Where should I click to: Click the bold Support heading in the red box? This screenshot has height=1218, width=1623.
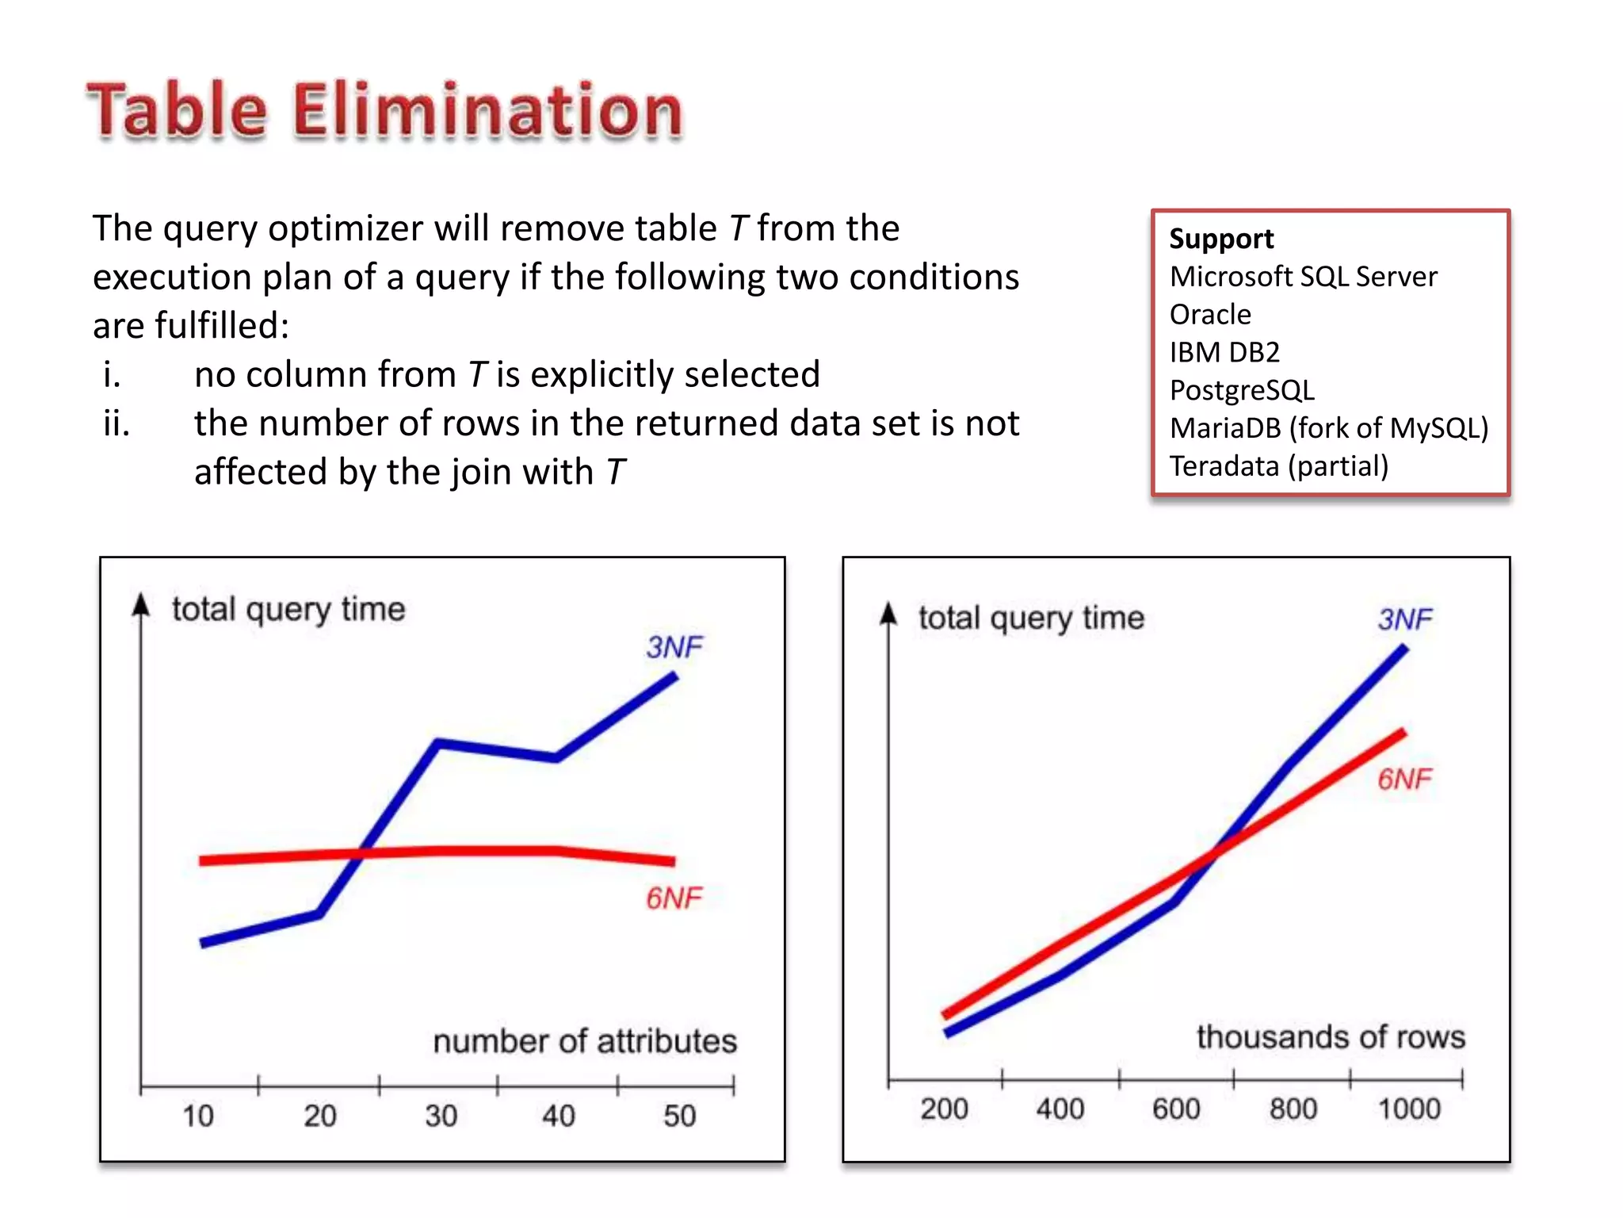pos(1220,239)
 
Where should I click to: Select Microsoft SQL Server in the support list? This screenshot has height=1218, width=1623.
pos(1303,277)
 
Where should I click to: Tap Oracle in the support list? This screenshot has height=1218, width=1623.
pos(1209,315)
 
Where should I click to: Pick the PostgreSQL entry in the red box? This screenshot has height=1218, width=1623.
pos(1242,390)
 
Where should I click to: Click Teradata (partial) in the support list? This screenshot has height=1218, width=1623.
pos(1278,466)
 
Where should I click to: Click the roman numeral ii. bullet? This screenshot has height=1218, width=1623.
pos(116,423)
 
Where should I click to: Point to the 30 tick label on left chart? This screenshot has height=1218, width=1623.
pos(441,1116)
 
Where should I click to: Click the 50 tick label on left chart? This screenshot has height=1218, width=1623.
pos(679,1116)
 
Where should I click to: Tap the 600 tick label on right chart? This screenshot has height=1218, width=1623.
pos(1176,1109)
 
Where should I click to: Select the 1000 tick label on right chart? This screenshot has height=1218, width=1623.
pos(1408,1109)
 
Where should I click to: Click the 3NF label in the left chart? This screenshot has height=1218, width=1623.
pos(674,647)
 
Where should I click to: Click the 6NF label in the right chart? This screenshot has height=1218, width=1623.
pos(1404,779)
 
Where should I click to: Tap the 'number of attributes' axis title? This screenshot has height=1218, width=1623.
pos(585,1041)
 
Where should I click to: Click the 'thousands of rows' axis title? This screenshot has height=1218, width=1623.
pos(1331,1037)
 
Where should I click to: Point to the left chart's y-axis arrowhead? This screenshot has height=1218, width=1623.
pos(141,605)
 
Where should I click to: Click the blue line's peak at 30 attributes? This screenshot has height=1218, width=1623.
pos(438,743)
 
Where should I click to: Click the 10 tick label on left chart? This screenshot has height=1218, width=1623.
pos(198,1116)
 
